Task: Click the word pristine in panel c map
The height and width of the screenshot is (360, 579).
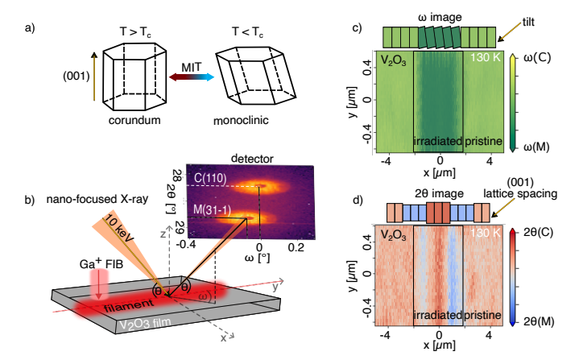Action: tap(482, 140)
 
